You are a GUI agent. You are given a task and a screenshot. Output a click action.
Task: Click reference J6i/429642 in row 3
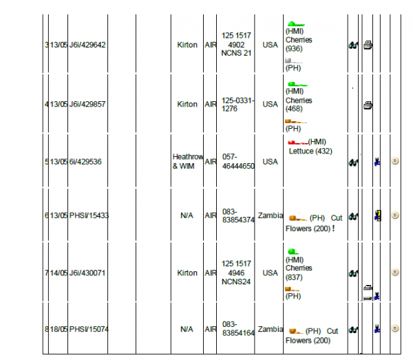[x=87, y=45]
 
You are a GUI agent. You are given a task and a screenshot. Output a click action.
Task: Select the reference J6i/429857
[x=87, y=105]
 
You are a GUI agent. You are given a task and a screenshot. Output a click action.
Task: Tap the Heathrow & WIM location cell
[x=187, y=162]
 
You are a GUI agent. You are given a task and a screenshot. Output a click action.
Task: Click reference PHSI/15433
[x=89, y=215]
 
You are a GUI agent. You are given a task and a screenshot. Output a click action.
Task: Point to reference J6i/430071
[x=87, y=273]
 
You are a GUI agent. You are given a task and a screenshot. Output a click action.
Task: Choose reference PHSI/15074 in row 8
[x=89, y=330]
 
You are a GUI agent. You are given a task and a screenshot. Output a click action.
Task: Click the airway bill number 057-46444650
[x=237, y=162]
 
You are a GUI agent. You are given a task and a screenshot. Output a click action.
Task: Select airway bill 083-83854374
[x=237, y=215]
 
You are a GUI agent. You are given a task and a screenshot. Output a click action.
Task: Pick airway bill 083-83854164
[x=237, y=329]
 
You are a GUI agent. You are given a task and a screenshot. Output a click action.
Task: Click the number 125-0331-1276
[x=237, y=105]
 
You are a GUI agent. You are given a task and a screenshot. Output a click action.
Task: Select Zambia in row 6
[x=270, y=215]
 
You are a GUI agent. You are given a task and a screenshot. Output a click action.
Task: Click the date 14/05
[x=58, y=273]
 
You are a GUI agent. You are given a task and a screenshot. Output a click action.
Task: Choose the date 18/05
[x=58, y=330]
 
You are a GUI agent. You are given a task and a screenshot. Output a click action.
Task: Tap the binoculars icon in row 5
[x=353, y=162]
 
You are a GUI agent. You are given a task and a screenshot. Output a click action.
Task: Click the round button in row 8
[x=395, y=330]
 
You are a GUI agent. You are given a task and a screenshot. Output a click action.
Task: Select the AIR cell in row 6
[x=211, y=215]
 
